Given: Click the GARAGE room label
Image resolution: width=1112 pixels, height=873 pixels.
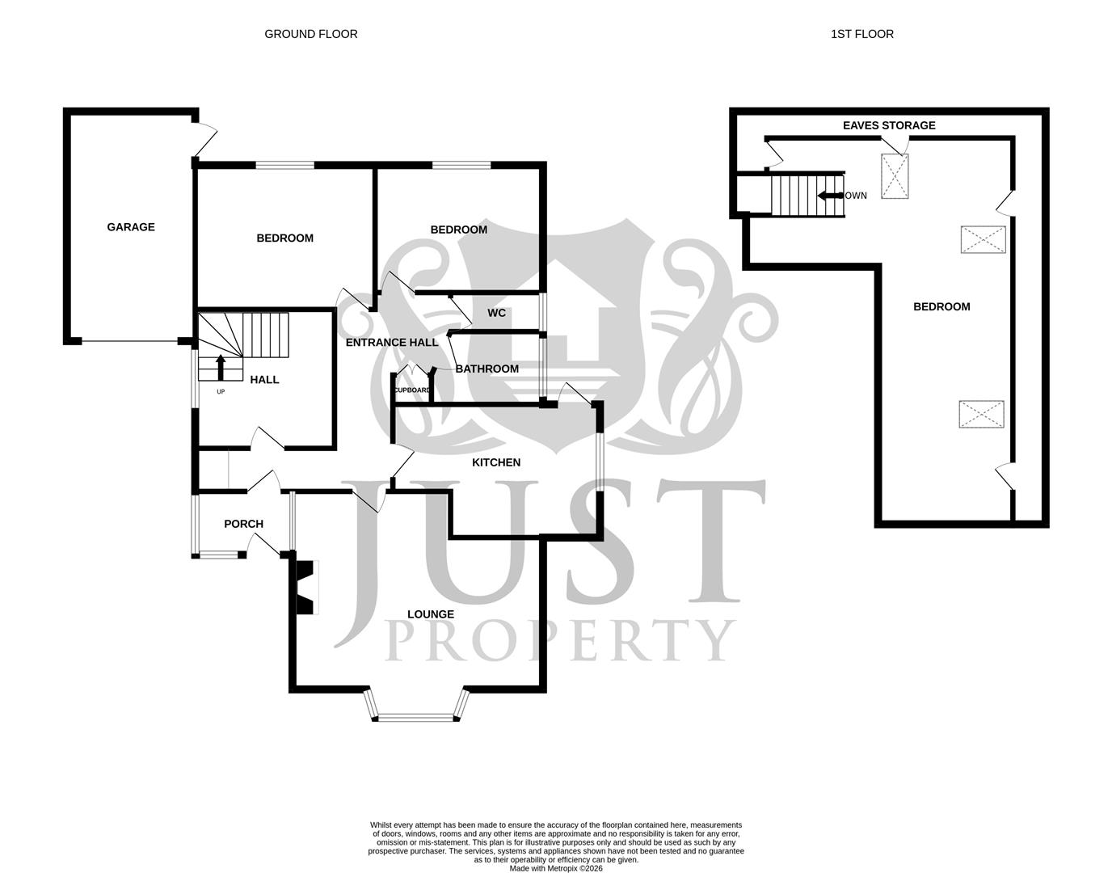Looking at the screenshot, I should click(x=131, y=227).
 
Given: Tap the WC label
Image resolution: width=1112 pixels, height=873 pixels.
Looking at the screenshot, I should click(x=496, y=313).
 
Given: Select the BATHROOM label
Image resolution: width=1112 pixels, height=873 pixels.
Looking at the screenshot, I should click(x=487, y=369).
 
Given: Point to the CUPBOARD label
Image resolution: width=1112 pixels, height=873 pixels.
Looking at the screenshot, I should click(x=412, y=390).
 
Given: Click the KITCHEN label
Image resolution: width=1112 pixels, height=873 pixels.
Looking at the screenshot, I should click(x=496, y=462).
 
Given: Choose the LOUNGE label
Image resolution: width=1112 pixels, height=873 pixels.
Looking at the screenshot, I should click(x=431, y=614).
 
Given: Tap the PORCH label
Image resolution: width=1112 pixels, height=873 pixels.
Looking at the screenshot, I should click(x=243, y=524).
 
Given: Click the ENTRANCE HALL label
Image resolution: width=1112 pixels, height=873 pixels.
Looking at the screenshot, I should click(x=392, y=343).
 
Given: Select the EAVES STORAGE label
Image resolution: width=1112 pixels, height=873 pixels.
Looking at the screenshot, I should click(x=889, y=125).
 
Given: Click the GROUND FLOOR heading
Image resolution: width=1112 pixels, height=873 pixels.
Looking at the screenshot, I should click(x=311, y=34).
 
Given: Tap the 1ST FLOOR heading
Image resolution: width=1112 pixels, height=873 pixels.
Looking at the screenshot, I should click(x=861, y=34).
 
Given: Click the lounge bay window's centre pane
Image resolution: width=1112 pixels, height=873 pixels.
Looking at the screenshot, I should click(x=417, y=717).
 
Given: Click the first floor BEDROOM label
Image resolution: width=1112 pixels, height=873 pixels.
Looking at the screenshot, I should click(x=941, y=306).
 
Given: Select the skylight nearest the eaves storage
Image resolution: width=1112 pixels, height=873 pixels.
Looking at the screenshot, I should click(x=895, y=176).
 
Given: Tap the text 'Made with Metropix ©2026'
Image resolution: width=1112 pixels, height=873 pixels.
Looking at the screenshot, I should click(x=556, y=869).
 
